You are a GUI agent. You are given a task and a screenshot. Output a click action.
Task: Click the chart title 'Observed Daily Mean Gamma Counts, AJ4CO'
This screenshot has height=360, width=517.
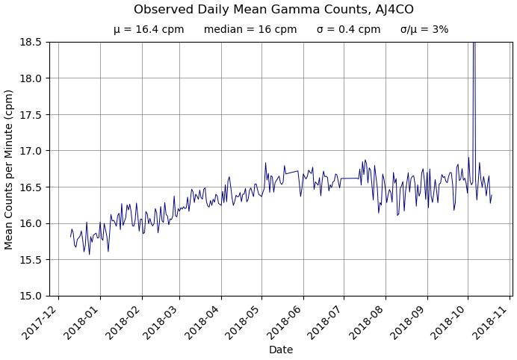[273, 10]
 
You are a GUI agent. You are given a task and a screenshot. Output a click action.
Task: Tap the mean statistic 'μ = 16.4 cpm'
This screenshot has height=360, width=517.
[149, 30]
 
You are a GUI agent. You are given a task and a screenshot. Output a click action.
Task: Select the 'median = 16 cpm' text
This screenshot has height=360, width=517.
[250, 30]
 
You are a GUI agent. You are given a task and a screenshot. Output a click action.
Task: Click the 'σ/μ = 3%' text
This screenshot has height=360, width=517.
[424, 30]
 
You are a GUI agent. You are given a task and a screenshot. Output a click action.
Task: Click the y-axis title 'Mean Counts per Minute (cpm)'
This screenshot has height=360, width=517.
[10, 169]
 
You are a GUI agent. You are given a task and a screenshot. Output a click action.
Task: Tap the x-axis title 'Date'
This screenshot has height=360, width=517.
[281, 350]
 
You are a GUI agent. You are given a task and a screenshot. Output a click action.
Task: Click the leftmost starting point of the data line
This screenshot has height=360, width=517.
[71, 236]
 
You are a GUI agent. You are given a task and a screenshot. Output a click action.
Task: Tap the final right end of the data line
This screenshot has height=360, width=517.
[492, 196]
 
